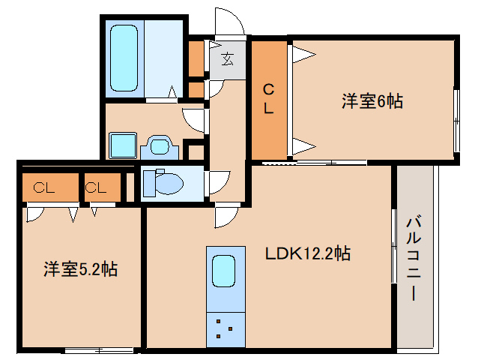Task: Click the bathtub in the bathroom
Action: click(x=125, y=59)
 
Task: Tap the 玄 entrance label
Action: click(x=227, y=58)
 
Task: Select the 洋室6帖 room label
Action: click(x=372, y=101)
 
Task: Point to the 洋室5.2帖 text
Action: click(x=79, y=268)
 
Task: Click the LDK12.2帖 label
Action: click(x=308, y=253)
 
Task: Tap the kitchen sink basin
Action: click(x=224, y=270)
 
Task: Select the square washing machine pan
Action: click(x=121, y=145)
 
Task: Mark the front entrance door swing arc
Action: click(x=229, y=22)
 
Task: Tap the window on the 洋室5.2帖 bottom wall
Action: click(x=99, y=349)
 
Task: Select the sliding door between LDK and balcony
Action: click(x=393, y=246)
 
